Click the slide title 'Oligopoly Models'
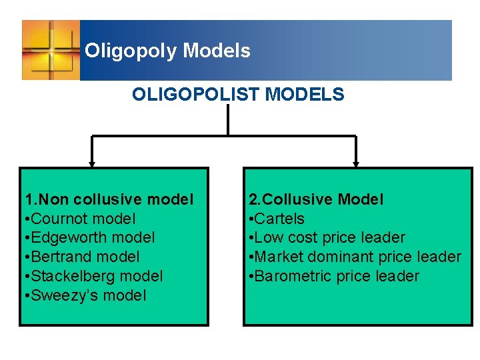(167, 51)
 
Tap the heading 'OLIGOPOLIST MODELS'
(238, 95)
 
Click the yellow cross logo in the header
(51, 50)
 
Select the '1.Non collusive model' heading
(109, 199)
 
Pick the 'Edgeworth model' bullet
(90, 237)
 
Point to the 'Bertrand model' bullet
(82, 257)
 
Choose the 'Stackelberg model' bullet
(94, 276)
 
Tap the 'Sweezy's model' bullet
(85, 295)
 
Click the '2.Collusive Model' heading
(316, 199)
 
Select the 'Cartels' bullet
(276, 219)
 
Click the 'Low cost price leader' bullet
(327, 237)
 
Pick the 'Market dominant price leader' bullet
(355, 257)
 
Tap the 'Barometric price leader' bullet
(334, 276)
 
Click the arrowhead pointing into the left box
(92, 164)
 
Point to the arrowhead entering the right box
(356, 164)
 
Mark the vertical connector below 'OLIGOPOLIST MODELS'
(228, 120)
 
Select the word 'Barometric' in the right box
(290, 276)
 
